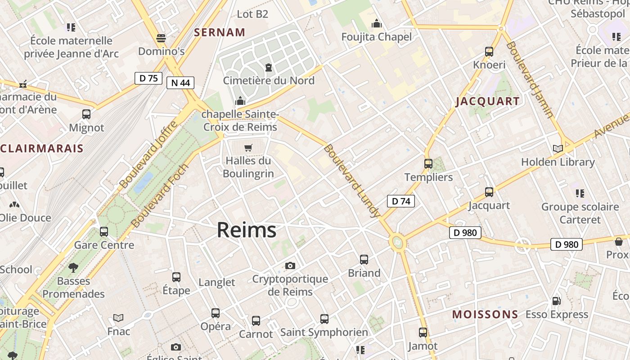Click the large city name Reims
(247, 230)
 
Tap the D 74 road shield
(400, 201)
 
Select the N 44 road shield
(180, 83)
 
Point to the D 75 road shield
(148, 78)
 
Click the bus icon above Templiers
(428, 163)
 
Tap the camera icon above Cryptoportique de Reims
(290, 266)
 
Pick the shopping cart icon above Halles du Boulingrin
(248, 148)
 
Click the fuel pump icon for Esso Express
(557, 301)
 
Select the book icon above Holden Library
(558, 148)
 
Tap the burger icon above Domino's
(161, 38)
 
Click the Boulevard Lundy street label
(351, 181)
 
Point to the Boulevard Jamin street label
(530, 80)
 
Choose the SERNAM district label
(220, 32)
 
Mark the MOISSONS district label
(485, 314)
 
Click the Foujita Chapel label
(376, 37)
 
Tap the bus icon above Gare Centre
(104, 232)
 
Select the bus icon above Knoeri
(489, 52)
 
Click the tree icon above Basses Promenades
(73, 268)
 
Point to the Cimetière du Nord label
(269, 81)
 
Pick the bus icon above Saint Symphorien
(324, 319)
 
